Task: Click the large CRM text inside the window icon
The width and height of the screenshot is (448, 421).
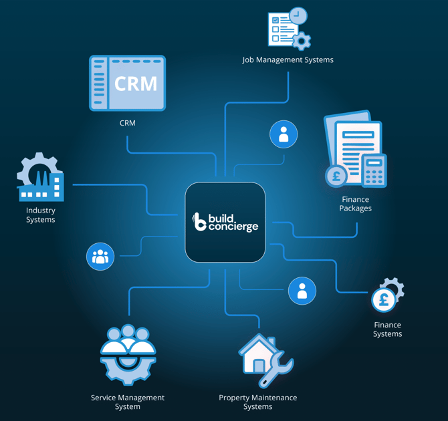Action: click(136, 84)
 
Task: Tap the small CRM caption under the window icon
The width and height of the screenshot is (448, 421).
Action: click(127, 123)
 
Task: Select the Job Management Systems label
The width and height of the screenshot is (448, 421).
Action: click(288, 60)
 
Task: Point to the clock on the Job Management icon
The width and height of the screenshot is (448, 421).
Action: click(298, 16)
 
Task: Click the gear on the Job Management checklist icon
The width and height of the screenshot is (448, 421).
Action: click(302, 41)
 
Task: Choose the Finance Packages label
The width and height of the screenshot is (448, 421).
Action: click(355, 204)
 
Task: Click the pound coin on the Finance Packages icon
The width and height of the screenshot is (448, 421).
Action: click(336, 176)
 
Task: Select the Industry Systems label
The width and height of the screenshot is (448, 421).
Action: click(41, 215)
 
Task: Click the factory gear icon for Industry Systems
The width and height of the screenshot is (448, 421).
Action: click(41, 178)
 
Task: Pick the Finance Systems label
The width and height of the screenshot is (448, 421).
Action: click(388, 329)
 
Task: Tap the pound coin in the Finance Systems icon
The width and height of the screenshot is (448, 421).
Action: click(384, 300)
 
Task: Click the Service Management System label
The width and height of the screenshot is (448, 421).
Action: click(128, 402)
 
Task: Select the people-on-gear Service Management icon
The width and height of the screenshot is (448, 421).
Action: click(128, 355)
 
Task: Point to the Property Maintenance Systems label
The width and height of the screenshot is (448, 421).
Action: click(258, 402)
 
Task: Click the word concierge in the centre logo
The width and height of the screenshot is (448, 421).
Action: click(233, 227)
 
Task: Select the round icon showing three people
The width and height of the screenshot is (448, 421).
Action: click(100, 257)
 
